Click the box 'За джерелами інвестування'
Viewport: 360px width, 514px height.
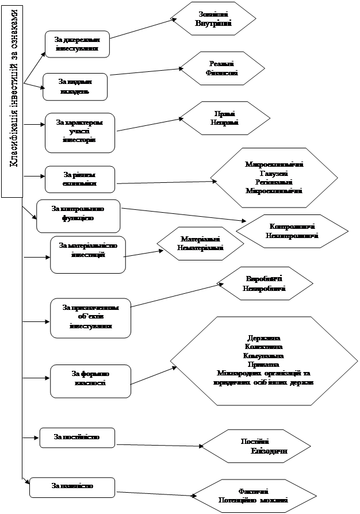coord(77,44)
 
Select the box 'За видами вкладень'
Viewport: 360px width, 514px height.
coord(75,87)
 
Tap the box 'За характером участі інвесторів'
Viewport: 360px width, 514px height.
coord(79,132)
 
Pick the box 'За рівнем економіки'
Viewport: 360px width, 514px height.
coord(79,179)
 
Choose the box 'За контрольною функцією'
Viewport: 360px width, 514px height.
coord(78,215)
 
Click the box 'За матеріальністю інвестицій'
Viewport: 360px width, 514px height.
coord(88,254)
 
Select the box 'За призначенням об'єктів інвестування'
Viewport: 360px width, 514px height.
coord(90,317)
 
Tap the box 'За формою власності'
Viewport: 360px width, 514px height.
coord(90,380)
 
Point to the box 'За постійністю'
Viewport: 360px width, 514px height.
coord(77,438)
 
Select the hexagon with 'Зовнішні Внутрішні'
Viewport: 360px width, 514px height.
coord(214,19)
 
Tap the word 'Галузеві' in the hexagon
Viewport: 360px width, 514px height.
coord(274,173)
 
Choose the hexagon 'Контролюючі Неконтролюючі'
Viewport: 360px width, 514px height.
coord(292,231)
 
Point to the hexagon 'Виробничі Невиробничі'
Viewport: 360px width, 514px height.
coord(264,283)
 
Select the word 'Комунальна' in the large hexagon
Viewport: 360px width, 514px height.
coord(263,356)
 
